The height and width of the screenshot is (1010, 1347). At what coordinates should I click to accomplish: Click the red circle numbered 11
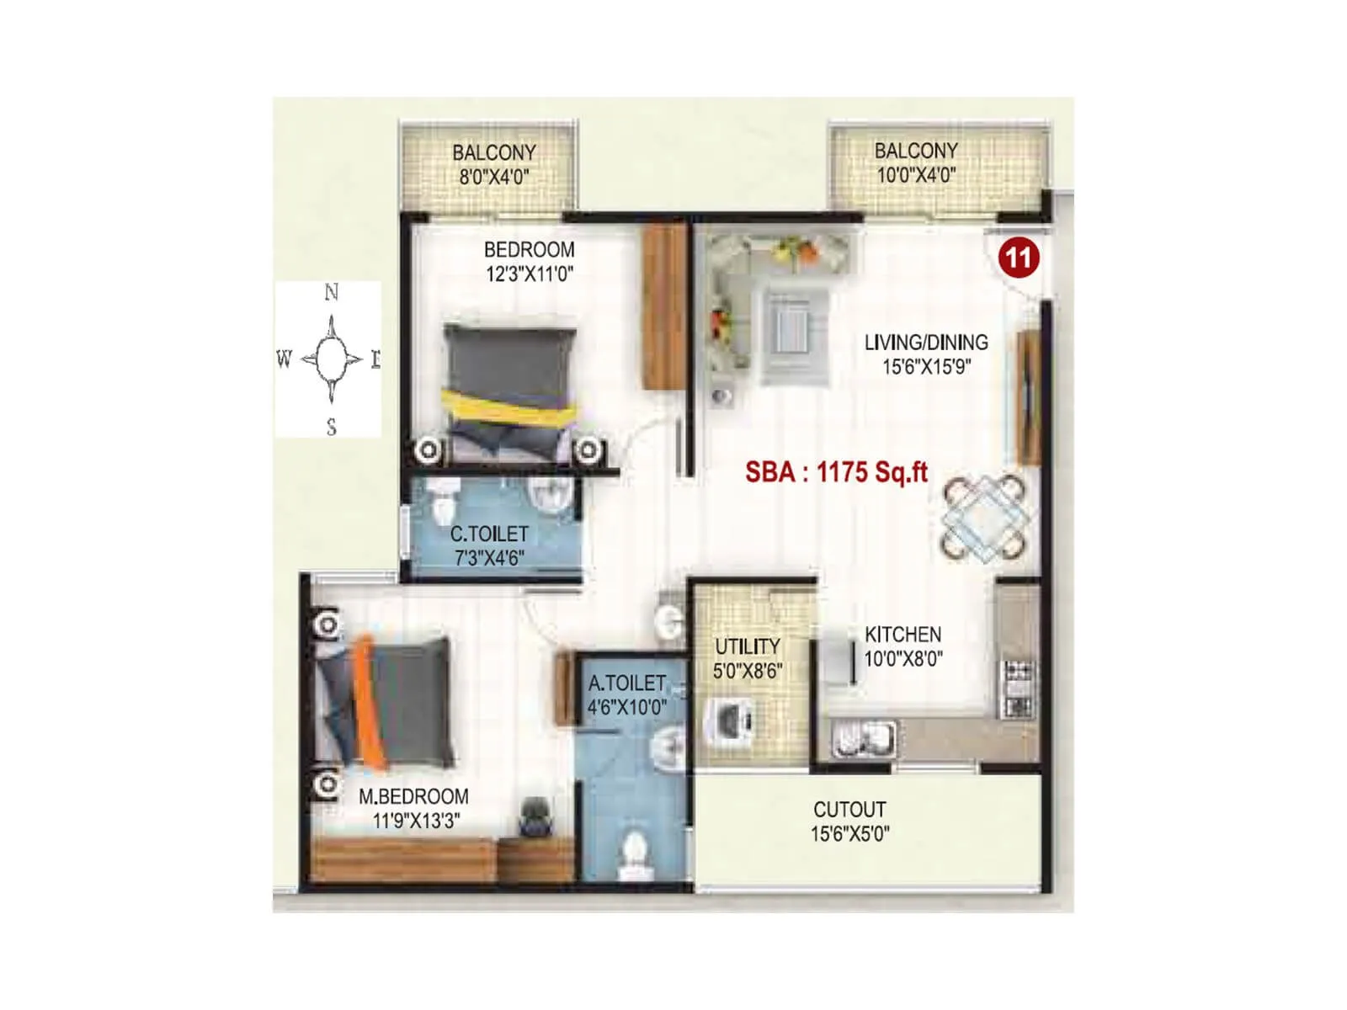click(x=1018, y=256)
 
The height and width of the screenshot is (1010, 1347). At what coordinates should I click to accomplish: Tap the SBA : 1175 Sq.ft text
click(x=836, y=472)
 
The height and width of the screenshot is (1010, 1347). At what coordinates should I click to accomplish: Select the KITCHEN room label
click(x=902, y=635)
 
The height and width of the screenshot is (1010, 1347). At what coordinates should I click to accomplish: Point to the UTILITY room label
click(x=747, y=646)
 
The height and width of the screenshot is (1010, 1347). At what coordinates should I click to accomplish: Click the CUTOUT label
click(x=849, y=810)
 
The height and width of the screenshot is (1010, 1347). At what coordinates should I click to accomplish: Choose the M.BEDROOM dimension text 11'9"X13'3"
click(x=417, y=821)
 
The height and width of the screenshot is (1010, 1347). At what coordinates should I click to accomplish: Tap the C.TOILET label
click(x=489, y=534)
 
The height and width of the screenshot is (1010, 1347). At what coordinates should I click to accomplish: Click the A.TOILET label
click(x=626, y=683)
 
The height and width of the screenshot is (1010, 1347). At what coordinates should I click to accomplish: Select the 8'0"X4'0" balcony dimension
click(x=494, y=177)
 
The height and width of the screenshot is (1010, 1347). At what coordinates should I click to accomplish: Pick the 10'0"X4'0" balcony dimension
click(x=916, y=175)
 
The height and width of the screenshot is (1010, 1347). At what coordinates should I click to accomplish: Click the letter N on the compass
click(x=332, y=292)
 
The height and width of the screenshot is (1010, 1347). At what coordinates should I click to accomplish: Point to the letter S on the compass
click(x=332, y=428)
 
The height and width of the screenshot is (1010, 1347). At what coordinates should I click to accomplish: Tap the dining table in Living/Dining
click(x=984, y=518)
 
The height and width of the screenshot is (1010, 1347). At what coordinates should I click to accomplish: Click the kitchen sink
click(x=863, y=738)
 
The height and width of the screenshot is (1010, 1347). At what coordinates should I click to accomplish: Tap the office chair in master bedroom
click(x=534, y=815)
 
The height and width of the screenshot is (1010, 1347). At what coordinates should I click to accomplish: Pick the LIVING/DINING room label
click(x=926, y=343)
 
